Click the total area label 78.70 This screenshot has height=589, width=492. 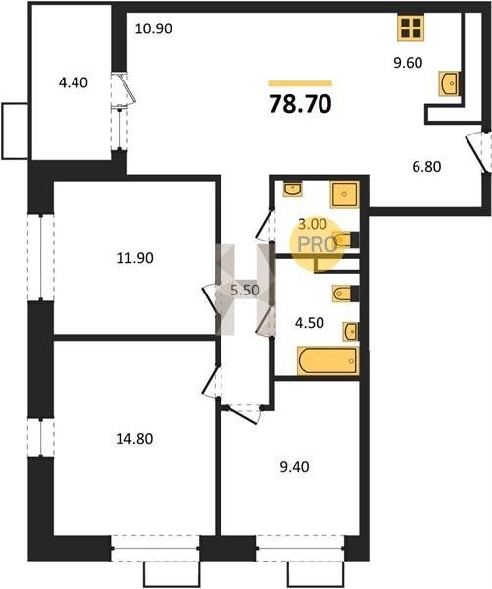[x=300, y=104]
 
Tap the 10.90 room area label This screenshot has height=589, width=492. [x=153, y=28]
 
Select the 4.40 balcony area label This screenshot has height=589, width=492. [x=74, y=82]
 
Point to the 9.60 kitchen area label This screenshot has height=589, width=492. [x=408, y=63]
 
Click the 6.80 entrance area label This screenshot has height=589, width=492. [x=426, y=166]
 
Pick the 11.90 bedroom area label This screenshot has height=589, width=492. [x=134, y=258]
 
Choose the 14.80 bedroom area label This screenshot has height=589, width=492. [x=134, y=439]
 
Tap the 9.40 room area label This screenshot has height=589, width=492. [x=294, y=467]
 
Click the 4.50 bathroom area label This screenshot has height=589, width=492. [x=309, y=323]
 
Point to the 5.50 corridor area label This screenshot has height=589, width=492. [x=245, y=290]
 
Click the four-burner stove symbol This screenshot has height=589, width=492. [x=411, y=27]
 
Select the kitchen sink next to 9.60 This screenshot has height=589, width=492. [x=450, y=83]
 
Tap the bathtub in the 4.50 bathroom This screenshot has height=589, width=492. [x=327, y=360]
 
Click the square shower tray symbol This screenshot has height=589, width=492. [x=345, y=194]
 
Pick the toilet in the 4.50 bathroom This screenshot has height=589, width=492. [x=345, y=294]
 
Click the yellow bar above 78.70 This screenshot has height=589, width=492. [x=300, y=83]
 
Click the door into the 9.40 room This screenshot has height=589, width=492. [x=244, y=414]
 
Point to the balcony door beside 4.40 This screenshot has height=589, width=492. [x=126, y=88]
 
